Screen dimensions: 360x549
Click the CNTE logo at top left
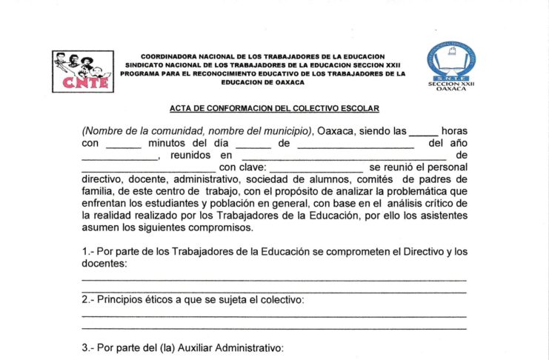point(83,70)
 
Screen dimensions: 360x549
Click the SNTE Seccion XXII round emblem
point(451,59)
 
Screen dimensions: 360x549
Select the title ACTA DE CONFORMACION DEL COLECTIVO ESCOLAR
point(274,109)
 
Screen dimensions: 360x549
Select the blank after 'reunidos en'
point(344,157)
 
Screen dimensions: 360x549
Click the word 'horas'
point(454,131)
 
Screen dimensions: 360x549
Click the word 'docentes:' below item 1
point(104,263)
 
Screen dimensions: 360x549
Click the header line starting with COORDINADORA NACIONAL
point(263,56)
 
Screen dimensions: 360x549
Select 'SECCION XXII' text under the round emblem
point(451,84)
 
